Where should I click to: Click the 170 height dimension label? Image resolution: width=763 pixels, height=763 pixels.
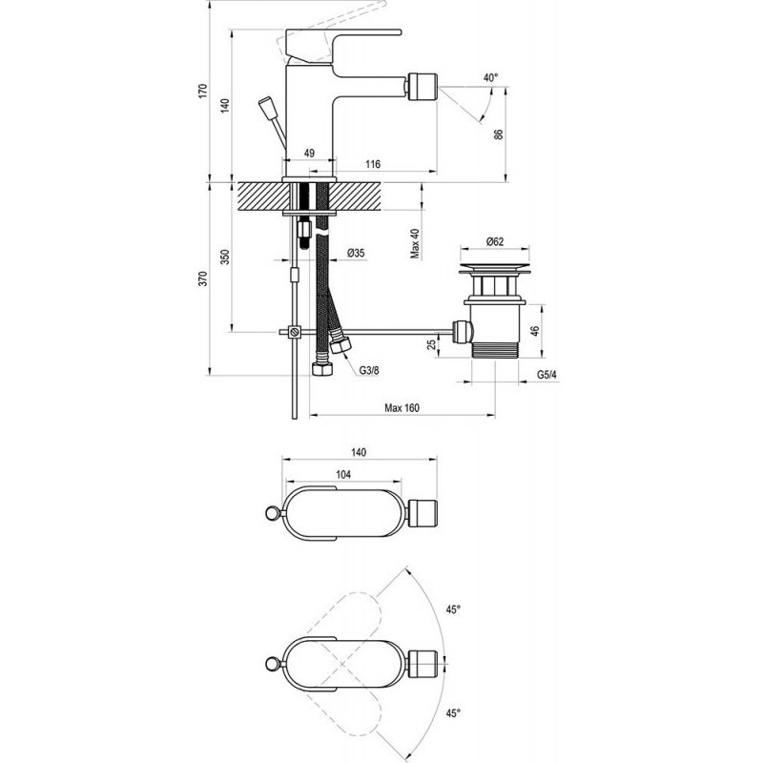[203, 91]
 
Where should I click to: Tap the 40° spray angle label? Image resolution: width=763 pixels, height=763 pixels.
[491, 78]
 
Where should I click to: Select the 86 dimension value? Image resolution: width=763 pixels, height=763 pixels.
[498, 134]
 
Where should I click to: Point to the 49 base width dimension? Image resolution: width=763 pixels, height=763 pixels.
[309, 153]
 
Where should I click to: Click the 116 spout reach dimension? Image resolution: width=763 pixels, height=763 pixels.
[373, 164]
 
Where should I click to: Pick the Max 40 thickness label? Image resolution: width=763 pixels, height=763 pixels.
[415, 243]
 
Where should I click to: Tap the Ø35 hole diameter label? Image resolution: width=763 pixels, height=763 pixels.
[356, 253]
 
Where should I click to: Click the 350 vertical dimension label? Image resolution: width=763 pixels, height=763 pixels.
[225, 257]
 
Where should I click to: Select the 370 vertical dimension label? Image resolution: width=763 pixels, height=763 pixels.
[203, 278]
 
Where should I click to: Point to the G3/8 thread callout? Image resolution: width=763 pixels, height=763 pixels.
[369, 370]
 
